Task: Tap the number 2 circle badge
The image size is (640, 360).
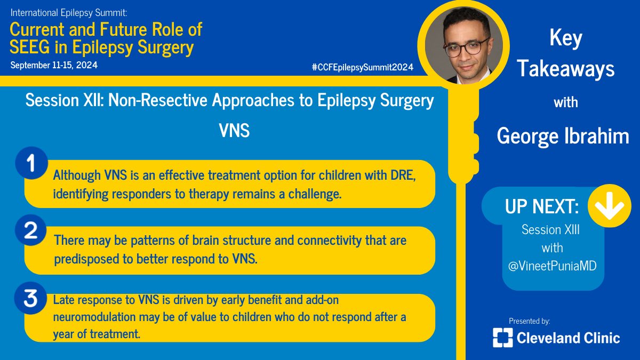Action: [31, 231]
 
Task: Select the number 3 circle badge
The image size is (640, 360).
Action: [31, 299]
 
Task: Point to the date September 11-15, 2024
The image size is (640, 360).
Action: [54, 65]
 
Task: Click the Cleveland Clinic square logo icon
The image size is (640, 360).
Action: [502, 337]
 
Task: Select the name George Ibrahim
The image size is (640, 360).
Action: [563, 136]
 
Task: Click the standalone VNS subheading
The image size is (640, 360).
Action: [234, 131]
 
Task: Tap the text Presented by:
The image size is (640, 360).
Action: [529, 321]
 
